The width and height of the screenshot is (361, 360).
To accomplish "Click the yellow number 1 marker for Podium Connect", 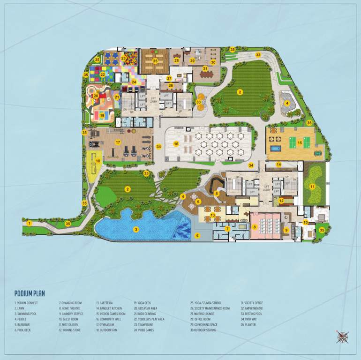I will (29, 223).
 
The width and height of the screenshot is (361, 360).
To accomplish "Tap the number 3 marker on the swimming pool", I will (136, 229).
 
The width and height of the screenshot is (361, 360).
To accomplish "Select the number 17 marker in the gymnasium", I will (118, 142).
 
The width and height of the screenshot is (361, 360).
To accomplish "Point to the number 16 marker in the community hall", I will (176, 144).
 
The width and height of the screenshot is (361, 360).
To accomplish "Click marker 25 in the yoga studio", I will (155, 60).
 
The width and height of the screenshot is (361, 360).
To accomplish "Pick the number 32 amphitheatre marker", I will (258, 55).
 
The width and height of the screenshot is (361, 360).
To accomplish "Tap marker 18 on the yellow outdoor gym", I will (98, 161).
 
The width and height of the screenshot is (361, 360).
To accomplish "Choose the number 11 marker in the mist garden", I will (312, 186).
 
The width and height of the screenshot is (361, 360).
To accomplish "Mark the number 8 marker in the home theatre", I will (255, 227).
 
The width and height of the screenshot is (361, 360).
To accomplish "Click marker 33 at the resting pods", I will (199, 102).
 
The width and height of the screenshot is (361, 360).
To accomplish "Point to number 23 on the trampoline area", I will (124, 58).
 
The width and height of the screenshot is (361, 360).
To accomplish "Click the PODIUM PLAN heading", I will (30, 293).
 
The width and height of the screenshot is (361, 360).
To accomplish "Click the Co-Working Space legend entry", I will (204, 324).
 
